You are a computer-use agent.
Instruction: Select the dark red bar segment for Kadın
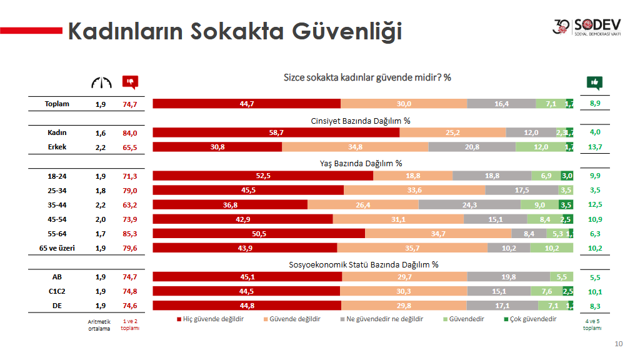(x=276, y=132)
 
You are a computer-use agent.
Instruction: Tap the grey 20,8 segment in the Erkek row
(x=472, y=147)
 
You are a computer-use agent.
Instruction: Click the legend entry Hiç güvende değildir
(x=211, y=319)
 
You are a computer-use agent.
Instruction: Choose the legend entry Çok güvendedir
(x=529, y=319)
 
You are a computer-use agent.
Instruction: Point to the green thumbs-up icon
(x=594, y=82)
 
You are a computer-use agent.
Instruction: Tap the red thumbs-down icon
(x=130, y=82)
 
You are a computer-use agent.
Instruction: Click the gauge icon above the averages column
(x=101, y=82)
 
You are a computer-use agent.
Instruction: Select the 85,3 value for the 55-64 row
(x=130, y=234)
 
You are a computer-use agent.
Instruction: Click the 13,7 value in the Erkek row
(x=595, y=147)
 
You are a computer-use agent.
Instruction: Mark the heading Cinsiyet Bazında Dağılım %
(x=361, y=121)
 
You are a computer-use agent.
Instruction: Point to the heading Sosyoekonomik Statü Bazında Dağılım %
(x=363, y=264)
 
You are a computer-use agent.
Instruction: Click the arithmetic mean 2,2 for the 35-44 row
(x=101, y=204)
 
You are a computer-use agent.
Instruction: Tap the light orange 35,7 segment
(x=412, y=248)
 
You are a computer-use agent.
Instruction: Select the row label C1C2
(x=57, y=291)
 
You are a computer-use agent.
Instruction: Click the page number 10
(x=619, y=344)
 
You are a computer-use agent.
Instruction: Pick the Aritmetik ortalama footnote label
(x=99, y=324)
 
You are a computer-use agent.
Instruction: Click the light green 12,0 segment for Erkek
(x=541, y=147)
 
